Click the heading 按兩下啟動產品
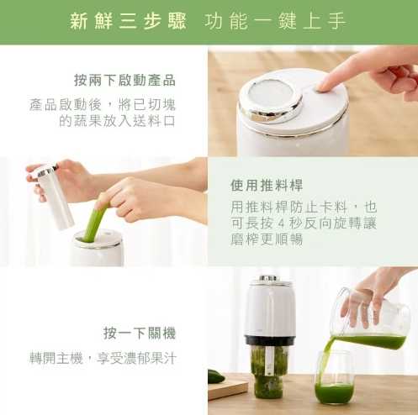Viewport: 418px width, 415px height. [x=124, y=80]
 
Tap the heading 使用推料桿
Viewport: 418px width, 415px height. [x=267, y=185]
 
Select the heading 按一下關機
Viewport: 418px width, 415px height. [x=140, y=333]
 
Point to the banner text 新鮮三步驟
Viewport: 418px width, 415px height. [x=128, y=21]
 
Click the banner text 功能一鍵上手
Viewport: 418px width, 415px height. [x=275, y=21]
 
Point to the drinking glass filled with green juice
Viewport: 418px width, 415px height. [x=333, y=376]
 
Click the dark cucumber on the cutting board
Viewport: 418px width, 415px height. [x=216, y=376]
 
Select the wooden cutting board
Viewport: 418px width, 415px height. [x=228, y=389]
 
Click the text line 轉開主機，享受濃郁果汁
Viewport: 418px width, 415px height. [x=103, y=359]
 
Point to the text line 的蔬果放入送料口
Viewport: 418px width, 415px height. [x=117, y=121]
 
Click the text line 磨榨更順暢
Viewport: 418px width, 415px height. [x=267, y=239]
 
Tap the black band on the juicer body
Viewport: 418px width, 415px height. [x=268, y=339]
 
